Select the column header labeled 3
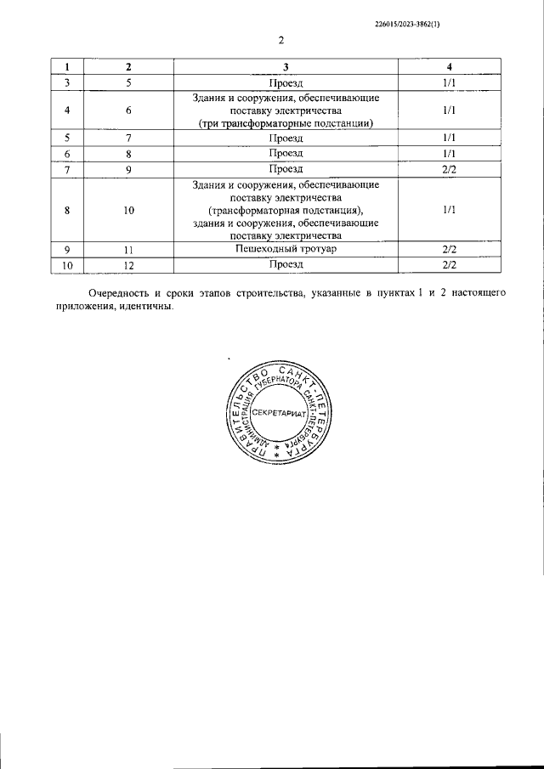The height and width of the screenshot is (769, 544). point(286,67)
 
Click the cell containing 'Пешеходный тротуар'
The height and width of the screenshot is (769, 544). point(286,249)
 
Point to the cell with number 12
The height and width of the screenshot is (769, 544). point(128,265)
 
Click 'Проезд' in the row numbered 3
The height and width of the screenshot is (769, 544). point(286,82)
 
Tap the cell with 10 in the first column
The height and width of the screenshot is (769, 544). point(67,265)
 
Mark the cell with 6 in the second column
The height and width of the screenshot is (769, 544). point(128,110)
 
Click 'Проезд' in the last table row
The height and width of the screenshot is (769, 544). point(286,265)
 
